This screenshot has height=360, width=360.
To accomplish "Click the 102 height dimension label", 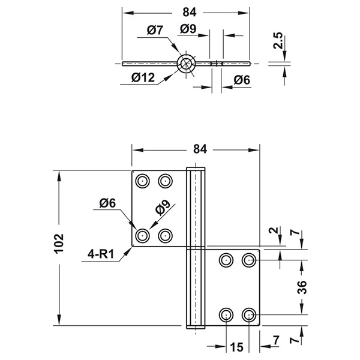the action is [59, 244].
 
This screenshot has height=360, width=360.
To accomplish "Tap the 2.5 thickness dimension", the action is [278, 40].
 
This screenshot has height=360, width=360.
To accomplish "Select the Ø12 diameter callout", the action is [143, 77].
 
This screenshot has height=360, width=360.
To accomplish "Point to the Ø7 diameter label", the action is [155, 30].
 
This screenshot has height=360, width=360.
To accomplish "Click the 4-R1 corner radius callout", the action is [101, 254].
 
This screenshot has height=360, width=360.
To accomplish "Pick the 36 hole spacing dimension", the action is [302, 287].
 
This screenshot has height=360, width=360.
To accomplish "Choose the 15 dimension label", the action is [236, 347].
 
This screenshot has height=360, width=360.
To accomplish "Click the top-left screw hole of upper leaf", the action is [143, 181].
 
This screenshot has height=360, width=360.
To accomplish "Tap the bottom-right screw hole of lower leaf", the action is [249, 314].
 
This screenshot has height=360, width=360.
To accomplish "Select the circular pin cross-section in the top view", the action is [186, 64].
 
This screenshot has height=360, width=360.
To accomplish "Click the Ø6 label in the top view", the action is [242, 80].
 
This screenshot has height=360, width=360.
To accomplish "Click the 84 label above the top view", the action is [190, 12].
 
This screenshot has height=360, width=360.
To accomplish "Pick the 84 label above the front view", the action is [200, 149].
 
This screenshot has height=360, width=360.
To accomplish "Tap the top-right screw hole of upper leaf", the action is [166, 181].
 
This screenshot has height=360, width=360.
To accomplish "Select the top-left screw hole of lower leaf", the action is [226, 260].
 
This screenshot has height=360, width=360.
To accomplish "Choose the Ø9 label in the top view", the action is [188, 29].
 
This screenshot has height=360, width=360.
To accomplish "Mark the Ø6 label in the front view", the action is [107, 203].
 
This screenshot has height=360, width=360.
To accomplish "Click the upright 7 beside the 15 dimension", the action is [276, 340].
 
